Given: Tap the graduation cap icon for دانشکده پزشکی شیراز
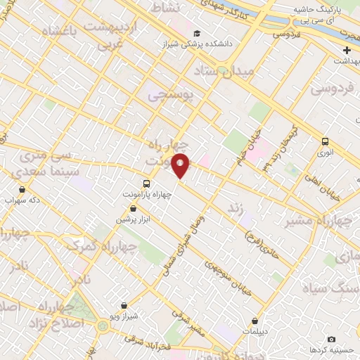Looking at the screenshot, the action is coord(197,33).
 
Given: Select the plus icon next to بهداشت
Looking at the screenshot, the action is coord(347,50).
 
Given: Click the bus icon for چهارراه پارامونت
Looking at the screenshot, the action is coord(136,184).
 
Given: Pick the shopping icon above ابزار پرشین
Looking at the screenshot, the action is coord(133,209).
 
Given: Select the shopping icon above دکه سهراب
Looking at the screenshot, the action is coord(22,189).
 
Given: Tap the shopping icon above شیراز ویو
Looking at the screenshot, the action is coord(124,306).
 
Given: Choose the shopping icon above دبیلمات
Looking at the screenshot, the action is coord(255,321).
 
